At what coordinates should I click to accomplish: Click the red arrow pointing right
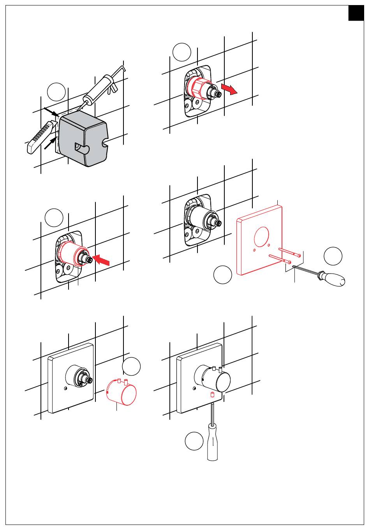click(229, 88)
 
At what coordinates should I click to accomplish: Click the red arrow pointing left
click(102, 260)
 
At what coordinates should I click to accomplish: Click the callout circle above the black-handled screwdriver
click(333, 256)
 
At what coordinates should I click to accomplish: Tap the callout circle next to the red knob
click(131, 366)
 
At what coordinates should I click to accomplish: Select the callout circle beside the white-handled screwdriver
click(194, 441)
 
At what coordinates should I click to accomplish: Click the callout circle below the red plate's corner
click(223, 275)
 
